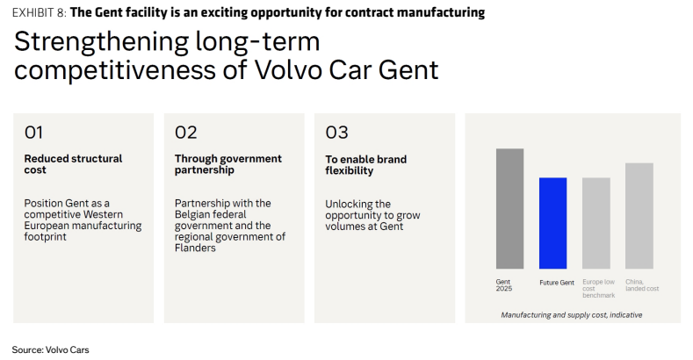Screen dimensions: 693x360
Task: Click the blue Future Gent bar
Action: pos(552,223)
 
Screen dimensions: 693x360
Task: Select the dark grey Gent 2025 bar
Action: pos(509,208)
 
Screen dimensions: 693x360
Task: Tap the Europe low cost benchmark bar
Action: pos(596,223)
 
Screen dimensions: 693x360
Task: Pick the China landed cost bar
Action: pos(639,215)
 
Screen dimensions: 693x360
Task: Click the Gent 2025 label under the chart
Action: pos(504,284)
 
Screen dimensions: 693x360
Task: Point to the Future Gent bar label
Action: pos(557,282)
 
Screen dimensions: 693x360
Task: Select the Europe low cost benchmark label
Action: pos(598,289)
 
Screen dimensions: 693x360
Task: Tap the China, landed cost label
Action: pos(642,284)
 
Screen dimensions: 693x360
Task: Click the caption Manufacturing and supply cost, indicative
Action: pos(572,315)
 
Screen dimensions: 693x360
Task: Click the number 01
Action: pos(33,133)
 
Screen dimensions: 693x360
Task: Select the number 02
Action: pos(185,133)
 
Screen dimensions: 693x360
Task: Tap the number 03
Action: pos(336,133)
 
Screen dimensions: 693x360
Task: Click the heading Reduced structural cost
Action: pos(73,164)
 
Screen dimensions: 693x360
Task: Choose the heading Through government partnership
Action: pos(228,164)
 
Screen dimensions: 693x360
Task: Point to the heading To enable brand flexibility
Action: pos(366,165)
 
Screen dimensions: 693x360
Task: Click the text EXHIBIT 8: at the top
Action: pos(40,13)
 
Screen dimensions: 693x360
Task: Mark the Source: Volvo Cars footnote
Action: pos(50,349)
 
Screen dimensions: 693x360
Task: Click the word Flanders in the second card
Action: pos(195,248)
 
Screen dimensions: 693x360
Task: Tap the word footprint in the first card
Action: pos(45,237)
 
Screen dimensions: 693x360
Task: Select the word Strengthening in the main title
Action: pos(102,42)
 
